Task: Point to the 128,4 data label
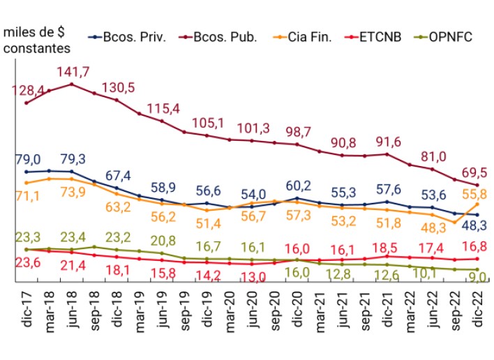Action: pos(26,91)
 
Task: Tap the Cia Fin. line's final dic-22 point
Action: pos(478,203)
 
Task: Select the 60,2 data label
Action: pos(299,186)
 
